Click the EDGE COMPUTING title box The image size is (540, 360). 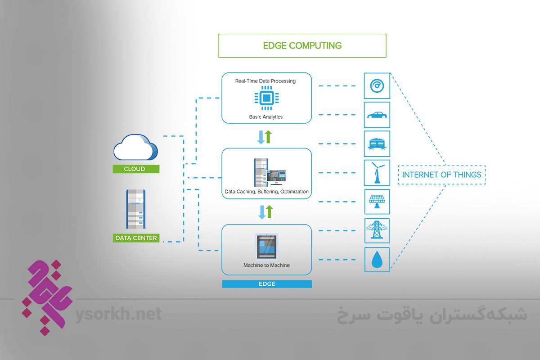tap(302, 45)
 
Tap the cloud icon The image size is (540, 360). tap(135, 149)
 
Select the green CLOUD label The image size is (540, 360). tap(135, 169)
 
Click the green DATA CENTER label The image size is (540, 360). tap(136, 238)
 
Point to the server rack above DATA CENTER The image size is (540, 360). tap(135, 209)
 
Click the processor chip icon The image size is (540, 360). tap(266, 99)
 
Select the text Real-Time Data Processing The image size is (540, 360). tap(265, 81)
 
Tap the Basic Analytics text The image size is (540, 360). tap(266, 117)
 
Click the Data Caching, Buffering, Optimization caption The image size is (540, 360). tap(266, 192)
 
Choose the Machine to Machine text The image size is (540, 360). tap(266, 265)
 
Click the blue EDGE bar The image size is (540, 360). tap(266, 284)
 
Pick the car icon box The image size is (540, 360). tap(377, 115)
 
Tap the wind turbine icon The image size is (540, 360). tap(377, 173)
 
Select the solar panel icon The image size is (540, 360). tap(377, 202)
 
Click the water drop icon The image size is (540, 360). tap(377, 260)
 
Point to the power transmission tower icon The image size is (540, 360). tap(377, 230)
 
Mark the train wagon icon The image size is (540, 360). tap(377, 144)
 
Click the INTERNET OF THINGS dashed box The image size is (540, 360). tap(441, 175)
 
